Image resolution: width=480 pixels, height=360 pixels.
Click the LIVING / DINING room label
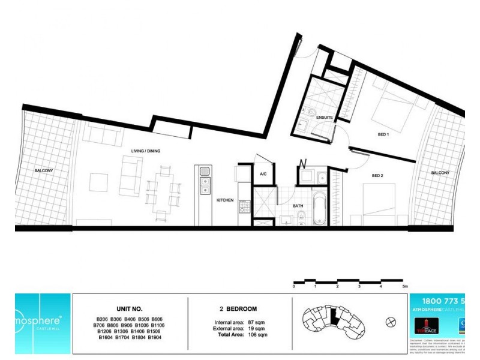click(145, 151)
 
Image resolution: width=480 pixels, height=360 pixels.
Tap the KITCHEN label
click(225, 200)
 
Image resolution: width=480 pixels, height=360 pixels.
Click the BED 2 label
click(377, 176)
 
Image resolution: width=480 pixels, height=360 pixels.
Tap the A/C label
click(263, 175)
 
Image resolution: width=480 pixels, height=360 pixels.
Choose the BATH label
click(298, 205)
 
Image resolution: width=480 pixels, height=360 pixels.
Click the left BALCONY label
click(44, 171)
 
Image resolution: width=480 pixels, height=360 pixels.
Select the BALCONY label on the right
click(440, 173)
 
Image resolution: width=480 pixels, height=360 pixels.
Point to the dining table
click(163, 189)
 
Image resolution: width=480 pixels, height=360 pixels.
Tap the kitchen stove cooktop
click(244, 206)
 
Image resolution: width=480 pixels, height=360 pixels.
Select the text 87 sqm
click(255, 323)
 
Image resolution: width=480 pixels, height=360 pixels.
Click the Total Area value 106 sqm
click(256, 334)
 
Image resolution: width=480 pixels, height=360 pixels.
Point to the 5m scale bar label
click(405, 287)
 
